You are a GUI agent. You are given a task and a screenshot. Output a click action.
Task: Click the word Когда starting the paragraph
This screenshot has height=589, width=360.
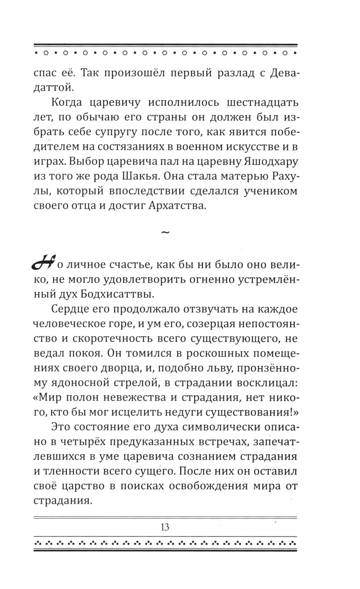coord(70,103)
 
